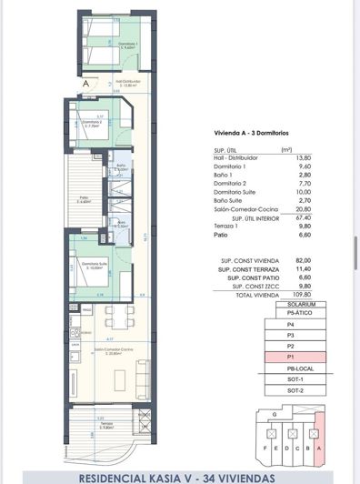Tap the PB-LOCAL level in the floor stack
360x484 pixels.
(291, 370)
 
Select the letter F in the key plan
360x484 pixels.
(265, 449)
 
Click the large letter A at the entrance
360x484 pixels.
(85, 83)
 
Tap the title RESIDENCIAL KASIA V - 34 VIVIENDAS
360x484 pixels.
(179, 474)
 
